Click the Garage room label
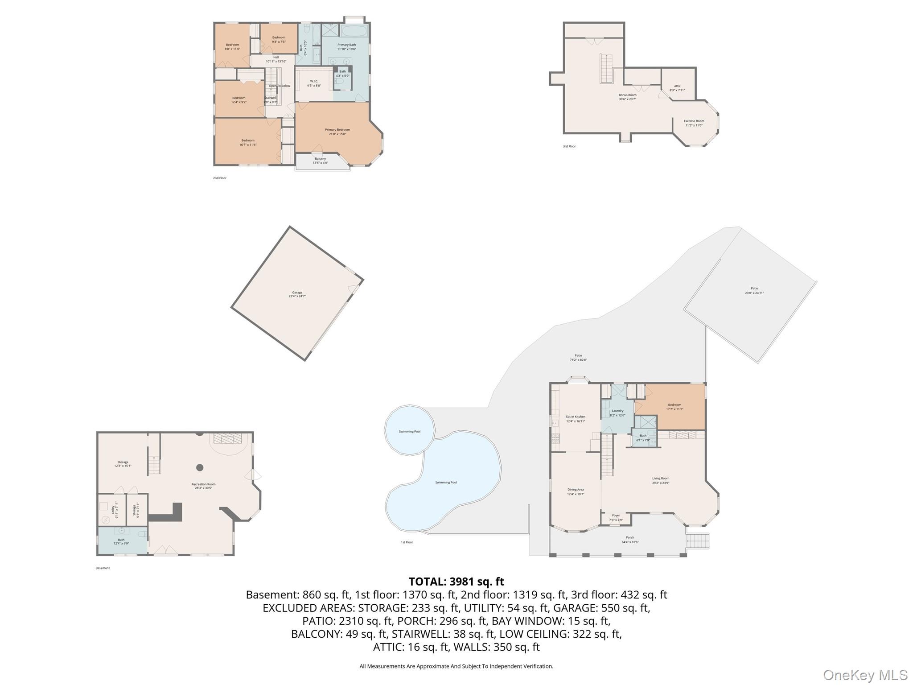tap(297, 294)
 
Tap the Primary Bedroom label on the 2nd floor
tap(337, 132)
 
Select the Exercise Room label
tap(694, 123)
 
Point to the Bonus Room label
tap(627, 97)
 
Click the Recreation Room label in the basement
tap(203, 486)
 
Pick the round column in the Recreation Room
tap(200, 467)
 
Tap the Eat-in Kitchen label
tap(576, 419)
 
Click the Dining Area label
tap(576, 491)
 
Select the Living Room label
tap(660, 480)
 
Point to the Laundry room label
tap(617, 413)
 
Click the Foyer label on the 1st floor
tap(616, 517)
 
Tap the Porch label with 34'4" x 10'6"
tap(630, 540)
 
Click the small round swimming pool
tap(409, 431)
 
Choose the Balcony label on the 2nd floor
tap(320, 161)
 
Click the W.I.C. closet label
tap(314, 83)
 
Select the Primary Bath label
tap(346, 47)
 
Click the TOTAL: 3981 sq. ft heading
tap(456, 582)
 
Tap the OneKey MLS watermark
tap(865, 675)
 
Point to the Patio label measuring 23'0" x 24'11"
tap(754, 291)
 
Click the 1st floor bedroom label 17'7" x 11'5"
tap(674, 407)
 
